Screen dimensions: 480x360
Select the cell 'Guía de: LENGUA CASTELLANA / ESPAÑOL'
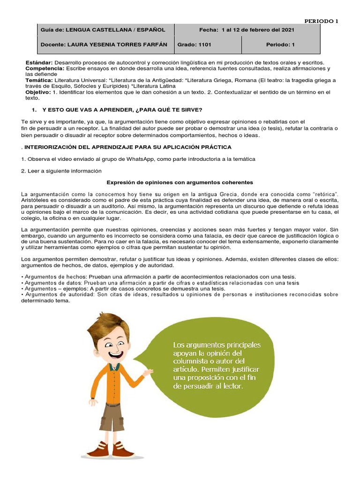pos(103,30)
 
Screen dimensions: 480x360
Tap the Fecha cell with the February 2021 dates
pos(247,30)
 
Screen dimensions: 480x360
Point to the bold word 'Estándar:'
pos(39,62)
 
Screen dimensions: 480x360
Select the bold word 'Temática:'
pos(39,80)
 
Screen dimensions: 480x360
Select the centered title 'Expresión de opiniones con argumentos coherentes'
pos(180,182)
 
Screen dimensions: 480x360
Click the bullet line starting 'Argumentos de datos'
pos(160,283)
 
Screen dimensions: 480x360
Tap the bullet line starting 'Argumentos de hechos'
pos(158,277)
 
